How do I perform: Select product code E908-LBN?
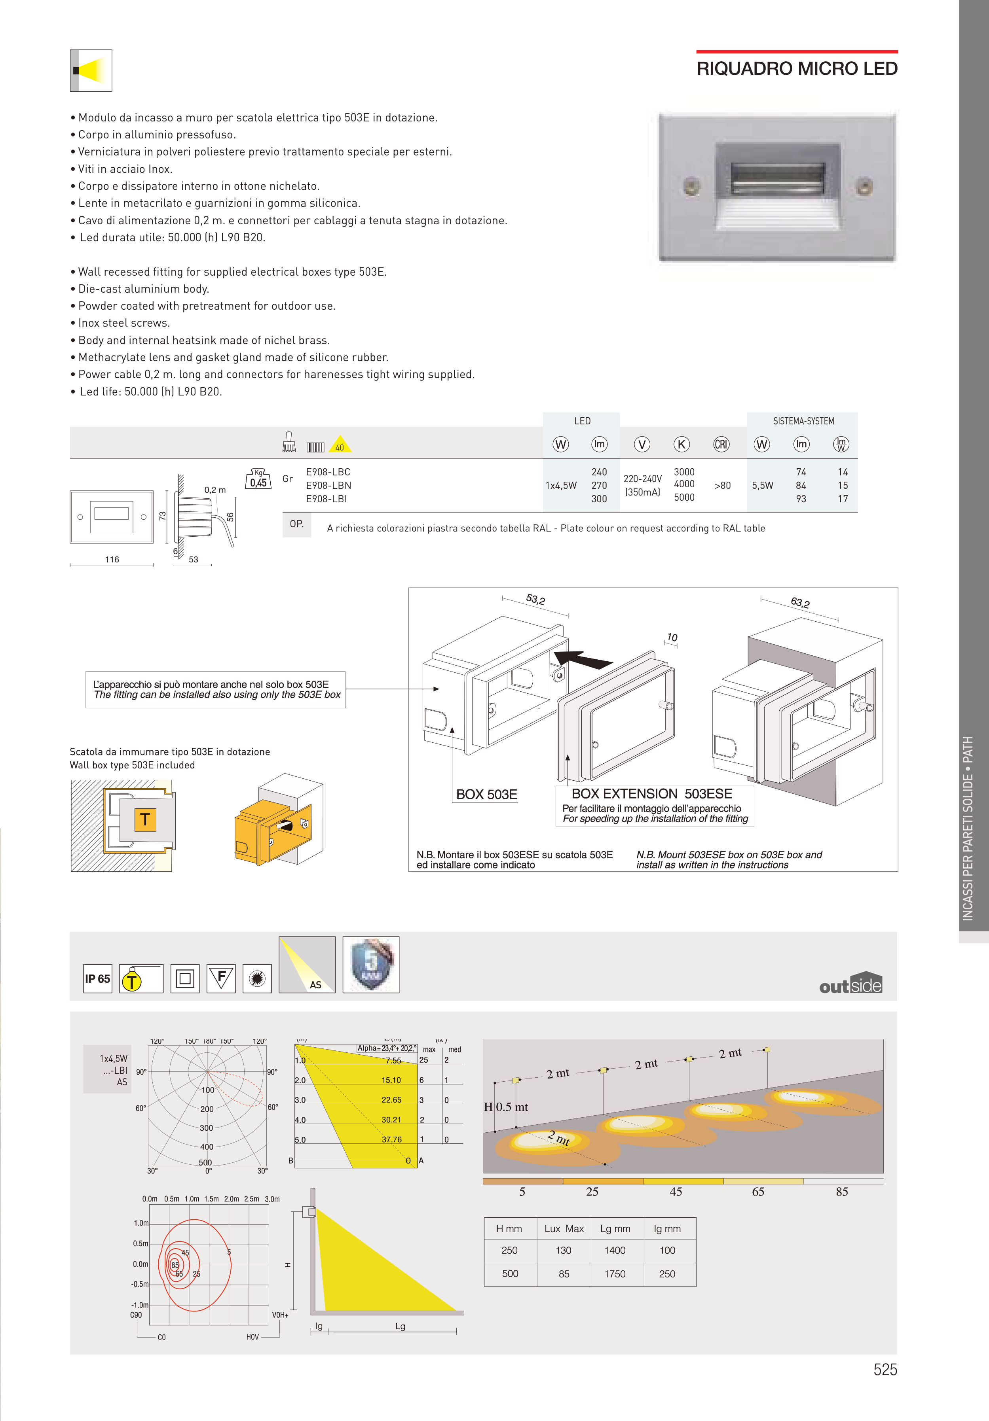click(328, 485)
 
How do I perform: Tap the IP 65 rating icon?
click(98, 978)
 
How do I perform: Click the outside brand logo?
click(850, 984)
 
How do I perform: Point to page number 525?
click(885, 1370)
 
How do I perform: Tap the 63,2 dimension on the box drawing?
click(799, 602)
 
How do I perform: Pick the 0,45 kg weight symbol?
click(258, 480)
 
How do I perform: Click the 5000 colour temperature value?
click(684, 498)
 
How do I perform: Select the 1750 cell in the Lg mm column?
click(615, 1274)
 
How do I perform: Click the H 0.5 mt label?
click(506, 1107)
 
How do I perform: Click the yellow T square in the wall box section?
click(145, 819)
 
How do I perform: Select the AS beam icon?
click(307, 965)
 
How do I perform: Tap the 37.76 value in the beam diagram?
click(391, 1139)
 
